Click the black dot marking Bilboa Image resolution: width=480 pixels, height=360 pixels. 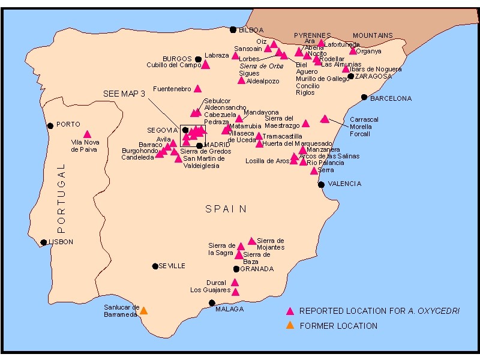coord(233,29)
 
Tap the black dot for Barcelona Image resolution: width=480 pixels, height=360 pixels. coord(364,97)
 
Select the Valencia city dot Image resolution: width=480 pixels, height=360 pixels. coord(322,184)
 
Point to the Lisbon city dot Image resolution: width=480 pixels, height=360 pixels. coord(43,242)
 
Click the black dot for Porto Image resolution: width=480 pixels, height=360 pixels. coord(50,125)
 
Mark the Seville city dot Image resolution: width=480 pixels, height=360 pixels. coord(155,266)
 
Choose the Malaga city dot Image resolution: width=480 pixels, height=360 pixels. coord(211,303)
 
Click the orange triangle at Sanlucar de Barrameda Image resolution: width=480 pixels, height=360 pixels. coord(143,311)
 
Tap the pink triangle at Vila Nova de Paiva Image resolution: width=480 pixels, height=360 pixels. coord(87,134)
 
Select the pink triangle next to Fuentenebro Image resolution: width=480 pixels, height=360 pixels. coord(197,89)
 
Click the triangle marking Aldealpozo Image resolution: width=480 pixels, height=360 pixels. coord(242,80)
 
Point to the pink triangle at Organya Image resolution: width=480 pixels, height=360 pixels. coord(353,51)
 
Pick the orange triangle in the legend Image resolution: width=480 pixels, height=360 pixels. coord(290,326)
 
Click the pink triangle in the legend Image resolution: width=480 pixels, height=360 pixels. coord(290,311)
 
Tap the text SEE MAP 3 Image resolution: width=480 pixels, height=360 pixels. coord(124,94)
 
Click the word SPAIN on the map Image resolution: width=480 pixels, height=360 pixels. coord(226,209)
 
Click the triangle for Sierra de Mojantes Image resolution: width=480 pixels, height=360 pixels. coord(251,241)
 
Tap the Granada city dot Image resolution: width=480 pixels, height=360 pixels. coord(236,269)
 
